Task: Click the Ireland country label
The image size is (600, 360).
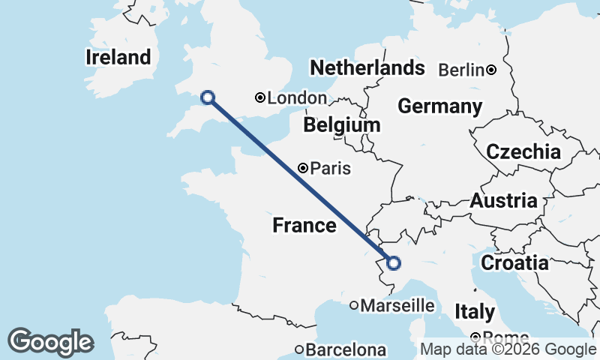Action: pos(118,57)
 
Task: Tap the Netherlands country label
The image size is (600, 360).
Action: pos(367,68)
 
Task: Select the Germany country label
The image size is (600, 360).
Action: pos(439,106)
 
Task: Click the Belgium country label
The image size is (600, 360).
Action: pos(342,124)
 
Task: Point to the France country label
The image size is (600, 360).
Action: pos(304,225)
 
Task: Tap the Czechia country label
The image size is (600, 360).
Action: pos(523,152)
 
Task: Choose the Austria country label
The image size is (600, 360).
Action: pos(503,201)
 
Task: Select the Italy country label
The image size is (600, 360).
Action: pos(475,311)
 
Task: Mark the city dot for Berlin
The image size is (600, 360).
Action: pos(490,70)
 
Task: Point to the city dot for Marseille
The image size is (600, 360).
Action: pos(354,305)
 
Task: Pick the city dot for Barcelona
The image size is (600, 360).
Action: pos(299,349)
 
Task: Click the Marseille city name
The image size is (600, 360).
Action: pos(397,305)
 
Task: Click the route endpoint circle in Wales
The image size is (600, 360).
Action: pos(208,97)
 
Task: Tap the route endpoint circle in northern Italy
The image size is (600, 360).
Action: pos(393,262)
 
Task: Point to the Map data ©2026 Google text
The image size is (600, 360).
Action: pos(508,349)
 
